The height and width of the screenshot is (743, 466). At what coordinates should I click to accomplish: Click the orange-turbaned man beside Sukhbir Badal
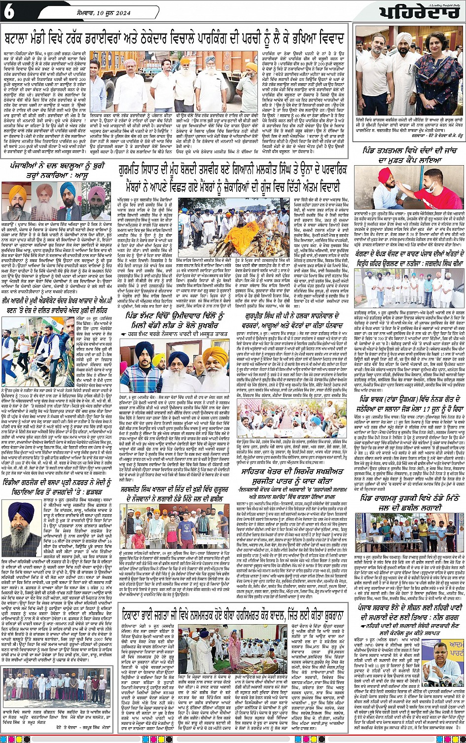[215, 358]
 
